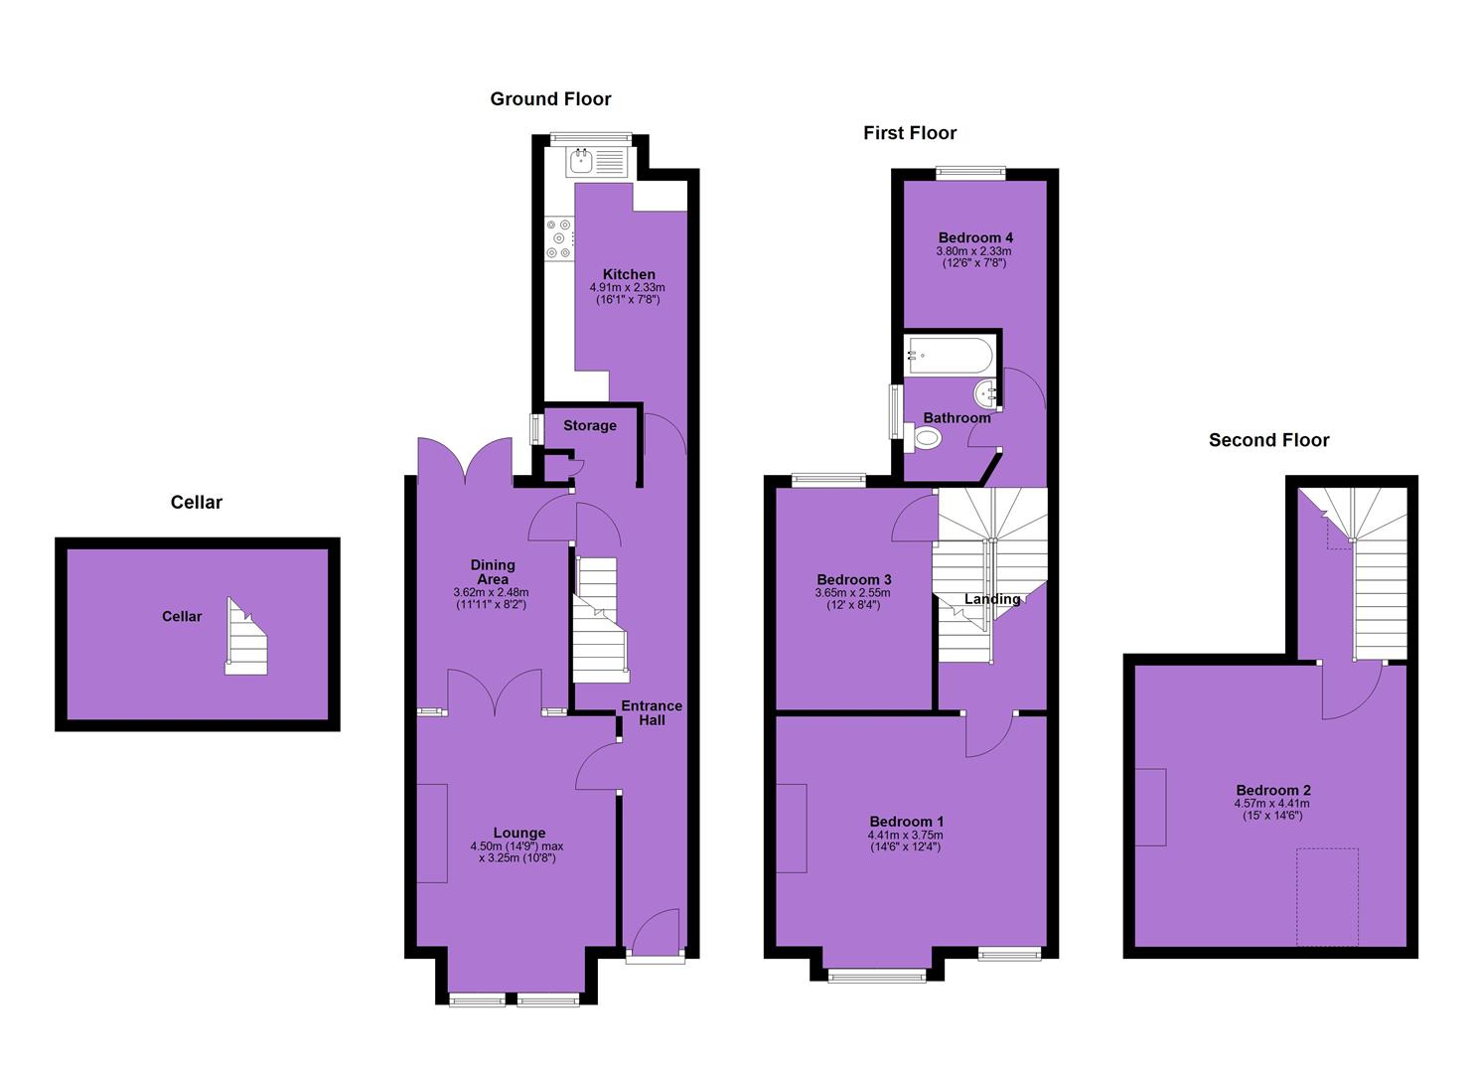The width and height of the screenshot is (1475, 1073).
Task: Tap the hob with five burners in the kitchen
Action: click(559, 238)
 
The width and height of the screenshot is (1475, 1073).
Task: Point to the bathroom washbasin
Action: click(986, 393)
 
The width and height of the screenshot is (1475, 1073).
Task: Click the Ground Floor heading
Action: click(550, 98)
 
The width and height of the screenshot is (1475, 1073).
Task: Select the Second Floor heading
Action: click(1268, 440)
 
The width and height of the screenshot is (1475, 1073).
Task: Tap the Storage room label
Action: click(590, 425)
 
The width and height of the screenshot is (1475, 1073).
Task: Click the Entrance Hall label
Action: click(652, 712)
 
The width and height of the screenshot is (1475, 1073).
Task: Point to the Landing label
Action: click(992, 599)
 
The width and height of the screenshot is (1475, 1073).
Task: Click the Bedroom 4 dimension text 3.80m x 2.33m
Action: click(973, 251)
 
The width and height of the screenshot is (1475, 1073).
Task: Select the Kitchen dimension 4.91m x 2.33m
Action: click(628, 288)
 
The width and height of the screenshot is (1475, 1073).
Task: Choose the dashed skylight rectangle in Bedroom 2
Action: click(1327, 896)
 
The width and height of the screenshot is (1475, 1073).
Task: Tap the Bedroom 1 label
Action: click(906, 822)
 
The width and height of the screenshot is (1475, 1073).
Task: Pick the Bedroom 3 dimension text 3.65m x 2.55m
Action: click(853, 593)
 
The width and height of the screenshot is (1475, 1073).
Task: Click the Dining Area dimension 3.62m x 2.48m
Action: click(492, 592)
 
